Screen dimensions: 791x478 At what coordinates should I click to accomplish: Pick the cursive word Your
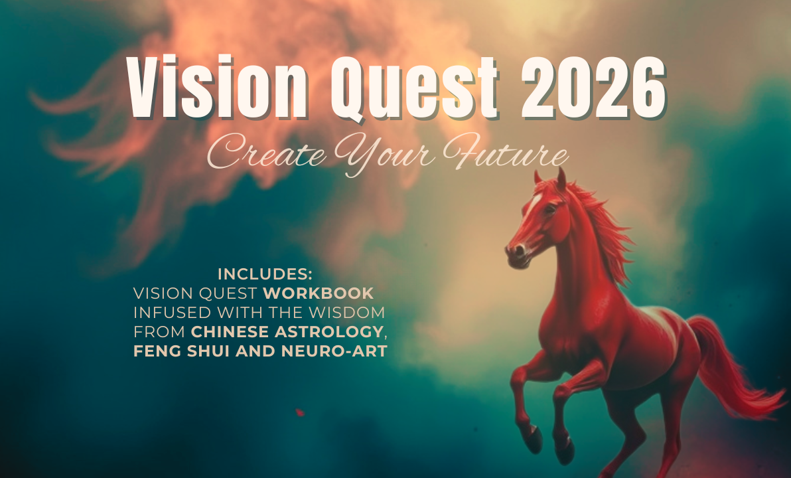point(384,154)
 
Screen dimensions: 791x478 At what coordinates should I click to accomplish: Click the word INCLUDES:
point(265,274)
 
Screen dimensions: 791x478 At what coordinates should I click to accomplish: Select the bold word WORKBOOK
point(319,293)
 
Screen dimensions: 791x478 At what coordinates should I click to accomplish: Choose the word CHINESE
point(230,332)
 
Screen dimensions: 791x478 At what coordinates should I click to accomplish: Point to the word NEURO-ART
point(334,351)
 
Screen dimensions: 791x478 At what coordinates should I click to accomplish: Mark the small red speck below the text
point(300,412)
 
